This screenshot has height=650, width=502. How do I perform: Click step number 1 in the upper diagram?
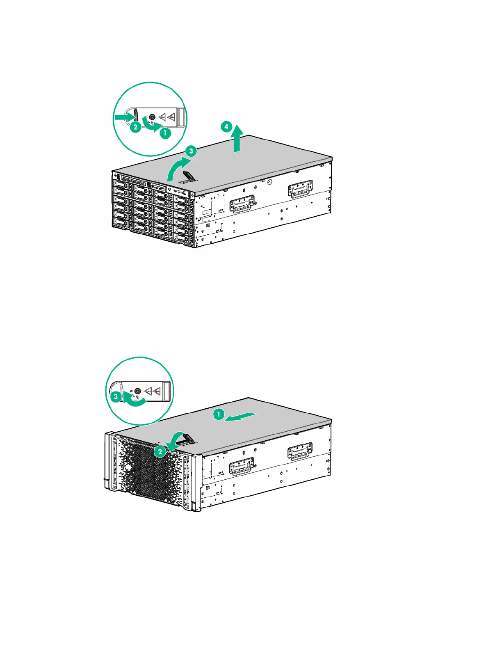coord(165,133)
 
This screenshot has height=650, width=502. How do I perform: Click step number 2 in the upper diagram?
coord(135,127)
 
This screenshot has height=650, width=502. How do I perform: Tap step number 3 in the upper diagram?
coord(191,151)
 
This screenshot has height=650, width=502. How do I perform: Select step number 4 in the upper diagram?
coord(226,126)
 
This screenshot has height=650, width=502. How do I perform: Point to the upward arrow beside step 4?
coord(237,140)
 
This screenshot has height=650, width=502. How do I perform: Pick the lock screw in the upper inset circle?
coord(153,117)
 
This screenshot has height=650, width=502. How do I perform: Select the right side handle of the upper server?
coord(301,189)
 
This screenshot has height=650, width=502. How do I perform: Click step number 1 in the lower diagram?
coord(219,414)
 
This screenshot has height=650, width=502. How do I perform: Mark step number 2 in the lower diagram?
coord(160,452)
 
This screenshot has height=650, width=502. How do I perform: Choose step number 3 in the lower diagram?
coord(116,397)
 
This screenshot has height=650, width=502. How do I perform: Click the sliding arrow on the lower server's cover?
coord(242,417)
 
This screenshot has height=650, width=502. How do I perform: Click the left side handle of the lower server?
coord(242,466)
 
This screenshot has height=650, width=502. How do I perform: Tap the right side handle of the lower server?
coord(300,451)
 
